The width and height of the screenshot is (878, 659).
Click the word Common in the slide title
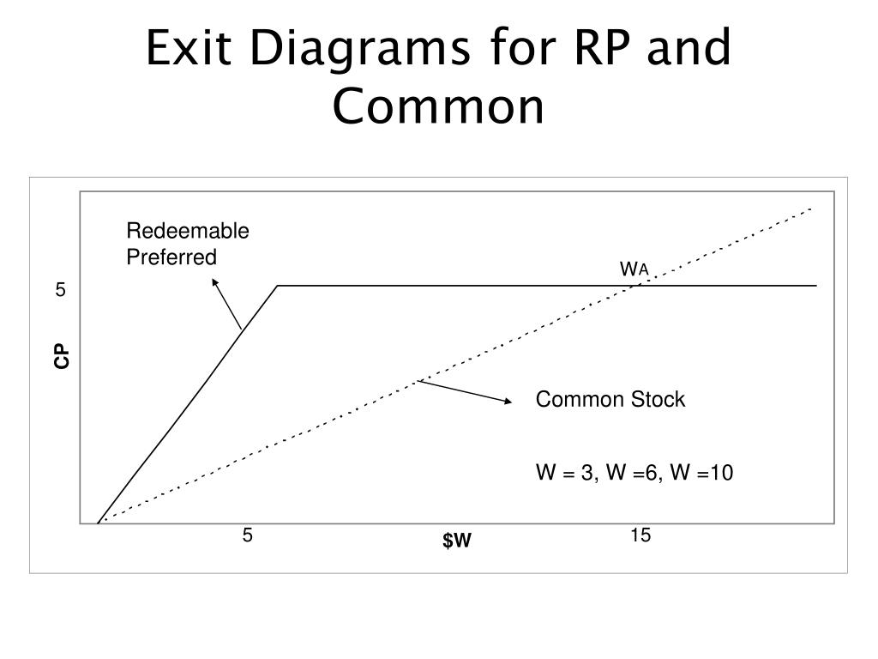coord(438,106)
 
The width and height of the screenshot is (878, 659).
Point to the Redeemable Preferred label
coord(188,244)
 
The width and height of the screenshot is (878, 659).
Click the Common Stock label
coord(610,400)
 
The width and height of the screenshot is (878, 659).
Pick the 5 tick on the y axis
coord(60,290)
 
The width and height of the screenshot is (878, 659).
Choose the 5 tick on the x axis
coord(247,535)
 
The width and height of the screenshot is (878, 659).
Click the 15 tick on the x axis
coord(640,535)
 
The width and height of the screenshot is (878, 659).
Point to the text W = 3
coord(565,474)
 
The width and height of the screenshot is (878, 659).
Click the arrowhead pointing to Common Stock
coord(508,400)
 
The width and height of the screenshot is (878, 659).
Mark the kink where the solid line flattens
coord(278,286)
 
